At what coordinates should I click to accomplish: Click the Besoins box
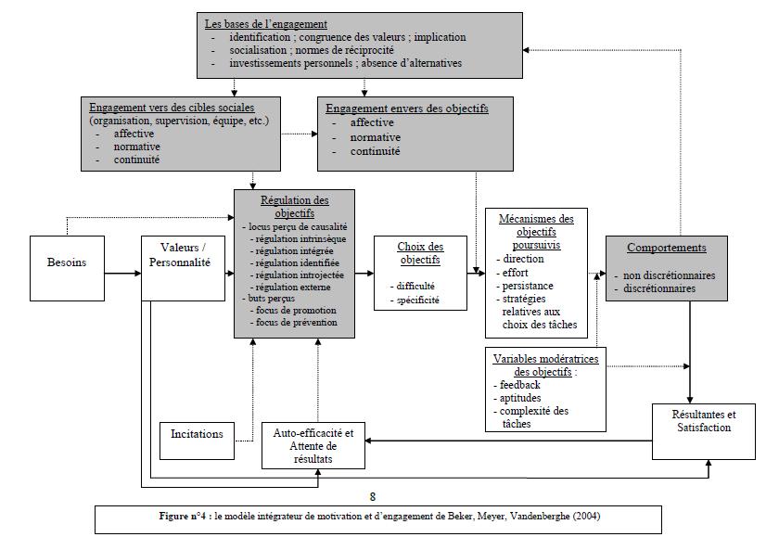click(x=67, y=262)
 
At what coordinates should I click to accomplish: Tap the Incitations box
click(x=197, y=433)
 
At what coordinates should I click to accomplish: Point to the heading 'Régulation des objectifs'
click(x=294, y=206)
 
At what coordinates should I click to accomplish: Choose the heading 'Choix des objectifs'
click(x=419, y=254)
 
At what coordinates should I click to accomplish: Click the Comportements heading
click(x=666, y=248)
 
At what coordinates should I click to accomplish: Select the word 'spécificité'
click(x=418, y=300)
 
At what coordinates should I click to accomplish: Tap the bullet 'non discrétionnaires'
click(x=669, y=275)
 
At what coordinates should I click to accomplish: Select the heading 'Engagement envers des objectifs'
click(x=407, y=109)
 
